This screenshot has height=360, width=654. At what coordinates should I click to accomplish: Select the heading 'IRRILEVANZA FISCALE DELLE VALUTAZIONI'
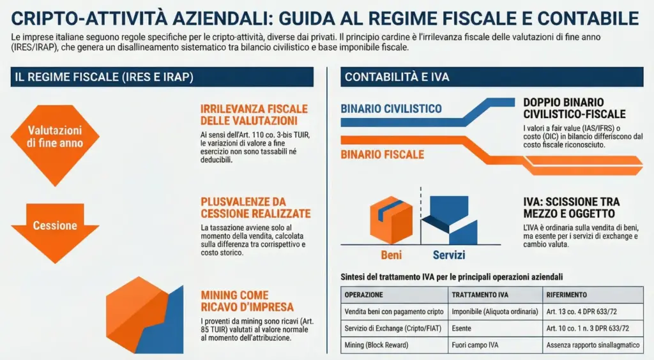[x=254, y=114]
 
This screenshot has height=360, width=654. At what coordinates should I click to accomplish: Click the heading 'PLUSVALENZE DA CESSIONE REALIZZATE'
[x=255, y=207]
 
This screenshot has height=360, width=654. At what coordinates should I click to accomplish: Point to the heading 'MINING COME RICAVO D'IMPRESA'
[x=247, y=301]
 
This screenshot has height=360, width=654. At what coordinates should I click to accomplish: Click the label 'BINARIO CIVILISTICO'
[x=391, y=109]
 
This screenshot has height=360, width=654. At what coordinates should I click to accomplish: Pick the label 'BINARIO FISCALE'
[x=382, y=154]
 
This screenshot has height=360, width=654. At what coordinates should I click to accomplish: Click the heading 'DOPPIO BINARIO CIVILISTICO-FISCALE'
[x=574, y=109]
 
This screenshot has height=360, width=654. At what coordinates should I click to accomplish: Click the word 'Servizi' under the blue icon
[x=448, y=255]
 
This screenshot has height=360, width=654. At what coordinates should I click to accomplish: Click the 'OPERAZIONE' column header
[x=364, y=296]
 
